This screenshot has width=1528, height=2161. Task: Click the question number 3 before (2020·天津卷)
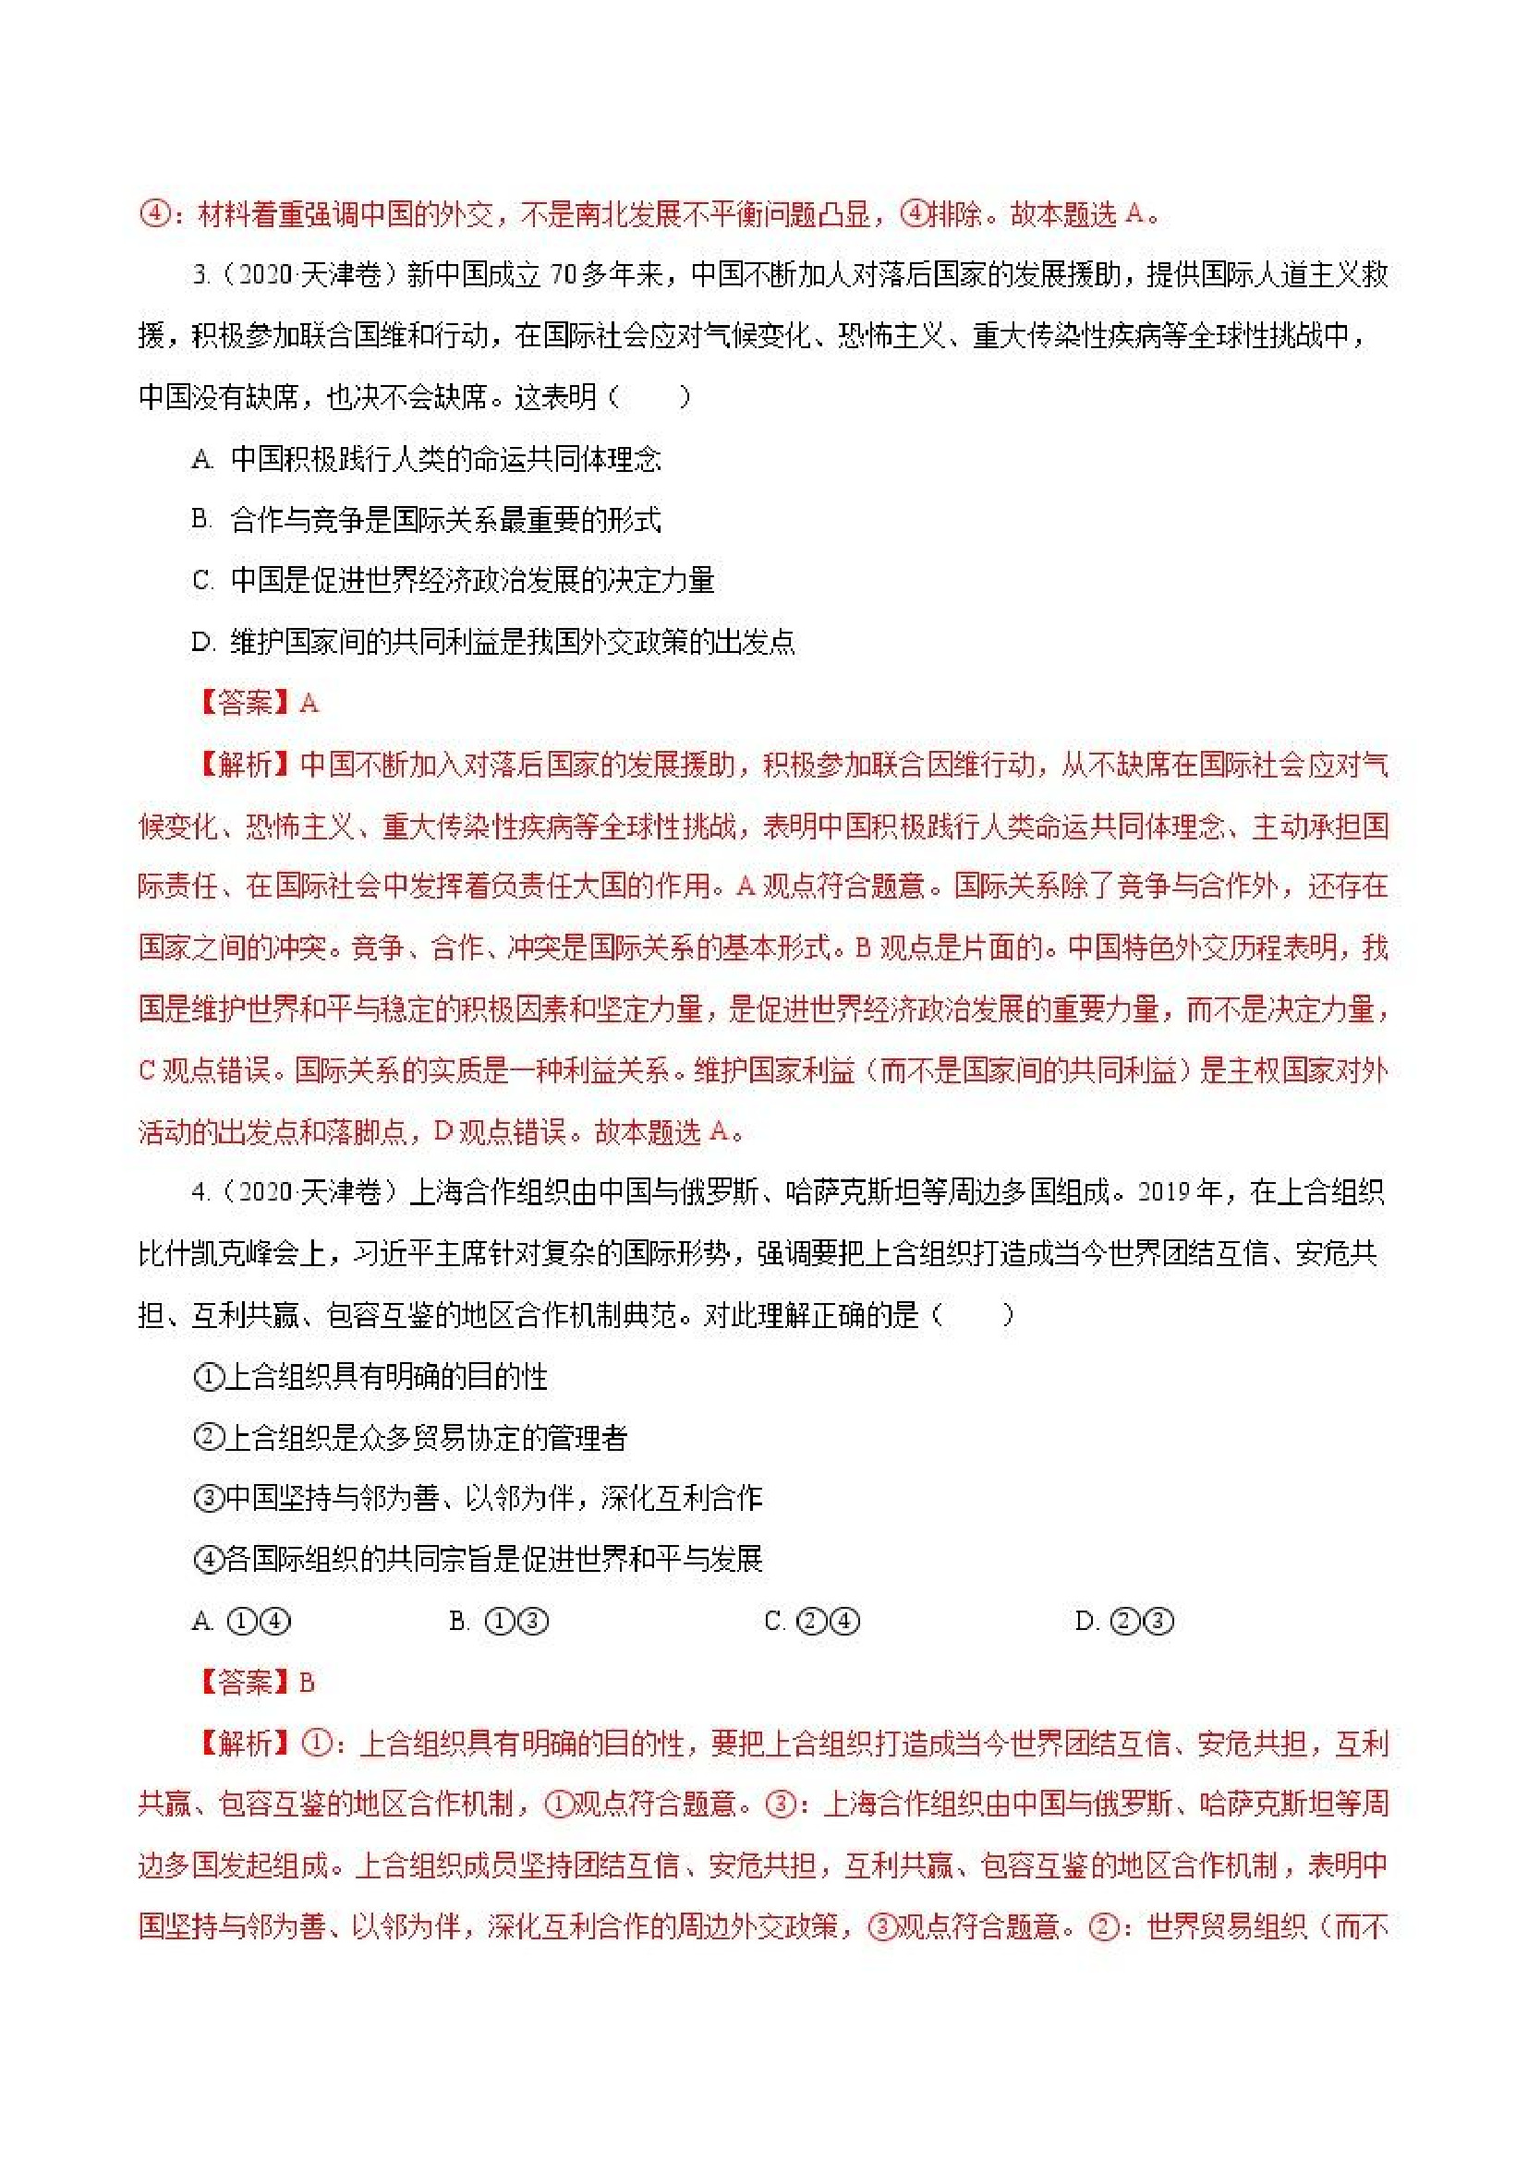[200, 276]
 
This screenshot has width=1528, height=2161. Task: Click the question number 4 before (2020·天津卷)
[200, 1192]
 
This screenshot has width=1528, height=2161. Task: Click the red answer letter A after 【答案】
[308, 703]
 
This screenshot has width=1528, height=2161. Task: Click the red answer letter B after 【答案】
[307, 1682]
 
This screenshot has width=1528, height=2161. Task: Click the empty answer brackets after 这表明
[649, 397]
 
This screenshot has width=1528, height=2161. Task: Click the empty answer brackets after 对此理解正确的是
[972, 1315]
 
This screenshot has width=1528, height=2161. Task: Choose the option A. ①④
[241, 1621]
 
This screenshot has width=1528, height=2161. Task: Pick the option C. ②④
[811, 1621]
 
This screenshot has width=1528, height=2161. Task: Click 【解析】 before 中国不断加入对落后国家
[245, 765]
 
